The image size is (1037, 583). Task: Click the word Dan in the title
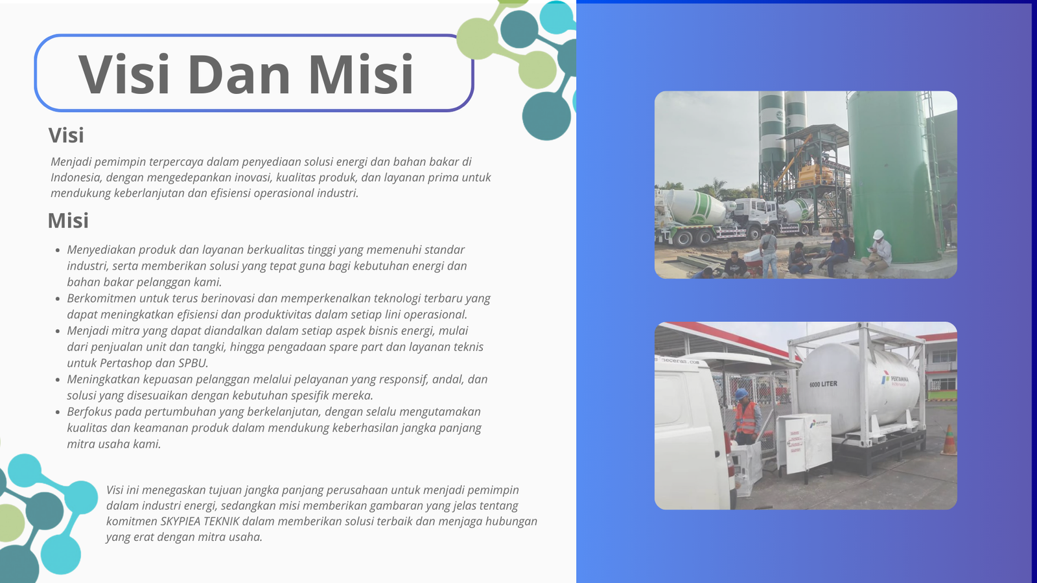[239, 74]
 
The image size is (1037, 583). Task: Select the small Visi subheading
[66, 135]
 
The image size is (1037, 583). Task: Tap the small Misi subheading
[68, 220]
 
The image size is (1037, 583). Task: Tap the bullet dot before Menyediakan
[58, 250]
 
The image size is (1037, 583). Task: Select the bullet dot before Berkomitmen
[58, 299]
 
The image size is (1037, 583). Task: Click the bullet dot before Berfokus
[58, 412]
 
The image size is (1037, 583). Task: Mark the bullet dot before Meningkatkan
[58, 380]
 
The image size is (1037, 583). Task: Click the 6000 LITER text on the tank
[823, 384]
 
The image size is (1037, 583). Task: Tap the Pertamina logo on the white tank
[894, 380]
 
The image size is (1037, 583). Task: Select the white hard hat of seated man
[878, 234]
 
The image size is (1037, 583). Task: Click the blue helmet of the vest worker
[741, 394]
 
